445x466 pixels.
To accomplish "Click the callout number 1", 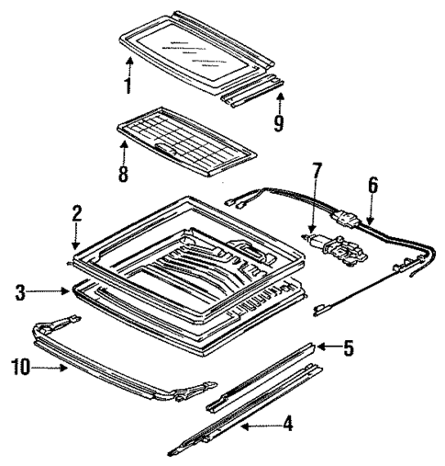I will coord(128,86).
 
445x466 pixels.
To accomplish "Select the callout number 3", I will coord(19,292).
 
